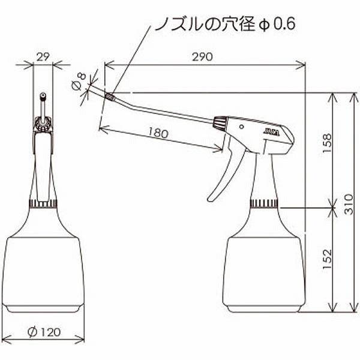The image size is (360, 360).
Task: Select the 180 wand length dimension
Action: [157, 134]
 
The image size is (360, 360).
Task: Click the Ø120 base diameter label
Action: [44, 331]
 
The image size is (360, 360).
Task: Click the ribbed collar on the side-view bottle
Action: [264, 202]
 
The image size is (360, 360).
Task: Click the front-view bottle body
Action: [43, 264]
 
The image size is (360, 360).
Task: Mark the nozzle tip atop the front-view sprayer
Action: [43, 97]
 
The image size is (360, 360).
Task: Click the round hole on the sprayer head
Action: [241, 127]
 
